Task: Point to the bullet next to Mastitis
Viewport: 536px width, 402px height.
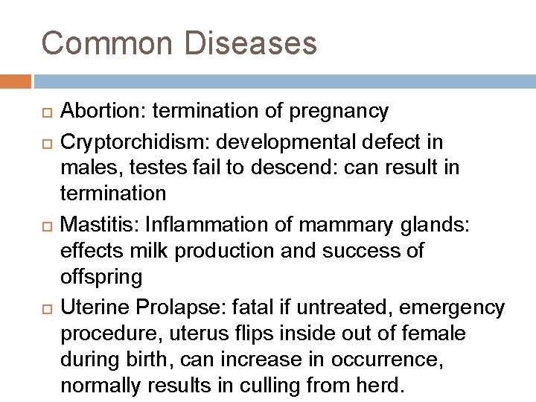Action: point(47,224)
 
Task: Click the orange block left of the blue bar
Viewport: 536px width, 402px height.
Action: point(15,80)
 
